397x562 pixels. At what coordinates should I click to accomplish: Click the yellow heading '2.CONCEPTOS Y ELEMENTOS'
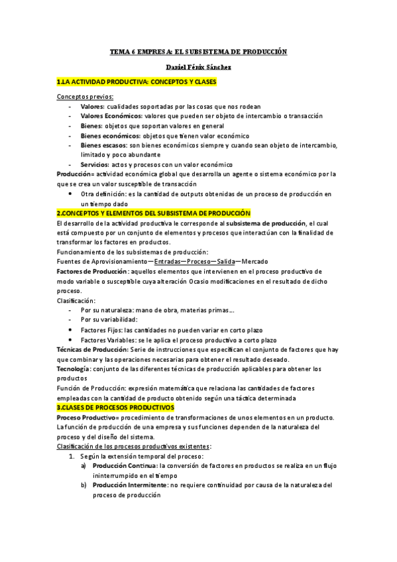(154, 213)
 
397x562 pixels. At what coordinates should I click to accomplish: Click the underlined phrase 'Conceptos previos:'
(85, 97)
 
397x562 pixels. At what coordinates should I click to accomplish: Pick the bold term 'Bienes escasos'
(103, 145)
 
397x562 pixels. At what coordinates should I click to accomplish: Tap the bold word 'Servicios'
(95, 164)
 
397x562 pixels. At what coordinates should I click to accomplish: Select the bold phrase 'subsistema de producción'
(261, 223)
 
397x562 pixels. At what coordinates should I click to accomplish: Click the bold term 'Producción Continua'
(125, 466)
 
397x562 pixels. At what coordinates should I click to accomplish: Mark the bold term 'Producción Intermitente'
(129, 485)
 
